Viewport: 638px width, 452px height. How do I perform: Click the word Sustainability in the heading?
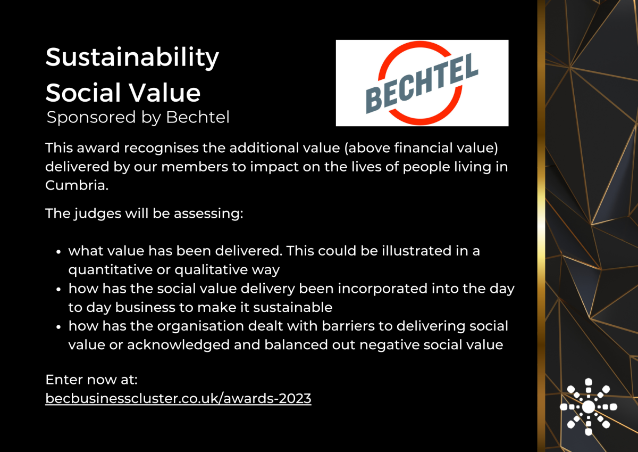[132, 58]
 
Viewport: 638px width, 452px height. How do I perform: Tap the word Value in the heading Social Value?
[165, 93]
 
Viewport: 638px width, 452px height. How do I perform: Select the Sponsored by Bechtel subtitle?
[138, 118]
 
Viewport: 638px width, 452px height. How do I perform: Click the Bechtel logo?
[422, 83]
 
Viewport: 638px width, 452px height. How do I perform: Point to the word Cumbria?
[77, 185]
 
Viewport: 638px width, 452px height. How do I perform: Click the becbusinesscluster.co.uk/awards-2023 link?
[178, 398]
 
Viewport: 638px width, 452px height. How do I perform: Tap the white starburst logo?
[589, 407]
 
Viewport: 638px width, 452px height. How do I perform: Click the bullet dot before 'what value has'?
[58, 252]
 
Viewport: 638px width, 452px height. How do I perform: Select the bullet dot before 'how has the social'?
[58, 290]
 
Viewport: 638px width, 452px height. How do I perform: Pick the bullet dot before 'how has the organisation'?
[58, 327]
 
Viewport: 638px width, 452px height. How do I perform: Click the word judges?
[98, 214]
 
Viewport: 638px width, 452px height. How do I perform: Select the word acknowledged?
[178, 345]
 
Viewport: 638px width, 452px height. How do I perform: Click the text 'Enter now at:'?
[91, 380]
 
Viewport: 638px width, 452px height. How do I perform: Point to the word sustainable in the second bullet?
[293, 307]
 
